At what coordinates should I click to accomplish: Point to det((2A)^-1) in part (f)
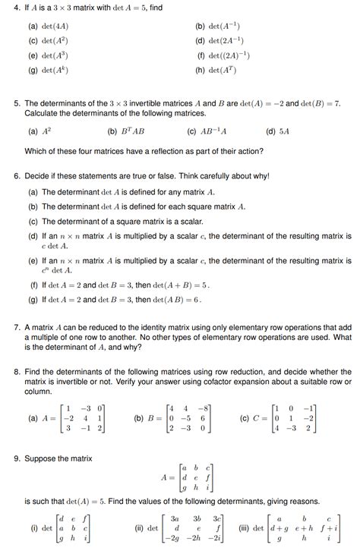coord(230,55)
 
